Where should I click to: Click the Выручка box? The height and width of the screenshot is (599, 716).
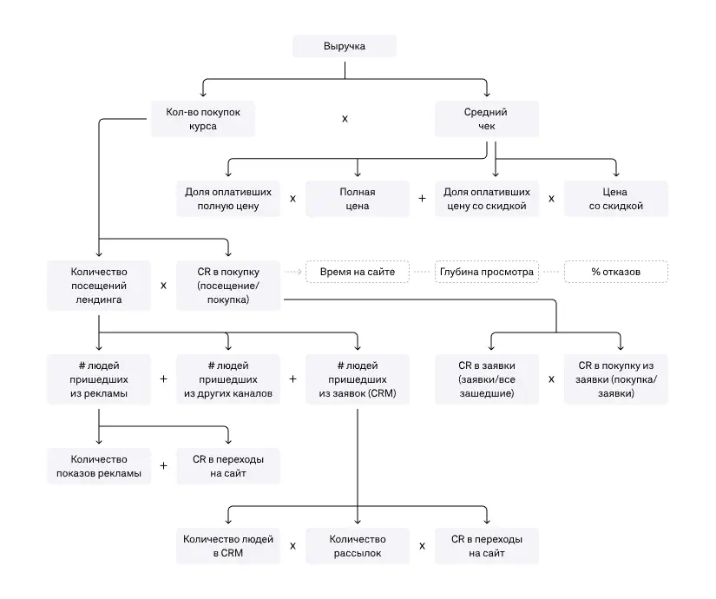coord(345,46)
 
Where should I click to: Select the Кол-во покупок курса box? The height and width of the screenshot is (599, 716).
coord(203,119)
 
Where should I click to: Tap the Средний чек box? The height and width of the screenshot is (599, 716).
coord(486,119)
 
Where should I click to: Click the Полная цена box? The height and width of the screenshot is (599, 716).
coord(357,199)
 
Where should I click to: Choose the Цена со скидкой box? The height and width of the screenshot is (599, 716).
coord(616,199)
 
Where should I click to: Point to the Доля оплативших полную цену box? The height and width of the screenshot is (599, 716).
coord(228,199)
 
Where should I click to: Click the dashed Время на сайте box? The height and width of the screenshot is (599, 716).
coord(358,272)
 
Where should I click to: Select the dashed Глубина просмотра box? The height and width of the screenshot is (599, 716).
coord(486,272)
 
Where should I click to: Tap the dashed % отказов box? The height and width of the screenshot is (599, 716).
coord(616,272)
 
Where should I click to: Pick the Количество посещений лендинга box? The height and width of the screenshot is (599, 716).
coord(99,286)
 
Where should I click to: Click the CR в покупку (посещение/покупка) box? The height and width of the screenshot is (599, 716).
coord(228,286)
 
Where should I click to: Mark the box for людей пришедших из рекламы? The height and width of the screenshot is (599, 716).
coord(99,379)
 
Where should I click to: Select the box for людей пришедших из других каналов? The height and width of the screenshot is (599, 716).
coord(228,379)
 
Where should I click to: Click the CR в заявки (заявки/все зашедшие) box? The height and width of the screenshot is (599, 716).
coord(486,379)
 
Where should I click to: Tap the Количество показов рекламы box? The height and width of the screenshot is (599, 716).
coord(99,466)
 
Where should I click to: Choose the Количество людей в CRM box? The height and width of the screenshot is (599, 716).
coord(228,546)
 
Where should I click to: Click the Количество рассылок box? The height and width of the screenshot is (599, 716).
coord(357,546)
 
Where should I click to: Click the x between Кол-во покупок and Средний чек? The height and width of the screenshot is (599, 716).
coord(345,119)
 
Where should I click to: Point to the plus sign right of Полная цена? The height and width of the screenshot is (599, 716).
coord(422,199)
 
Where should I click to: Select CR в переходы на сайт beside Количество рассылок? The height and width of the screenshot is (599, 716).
coord(486,546)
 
